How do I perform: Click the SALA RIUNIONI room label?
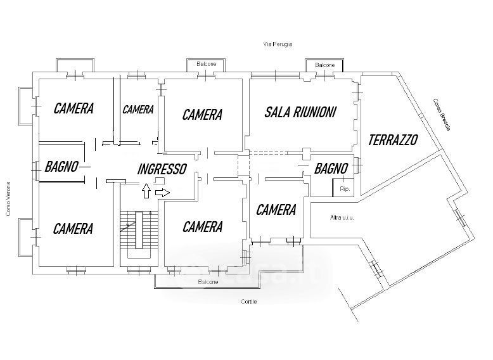pyautogui.click(x=300, y=113)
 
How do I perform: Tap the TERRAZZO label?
pyautogui.click(x=393, y=139)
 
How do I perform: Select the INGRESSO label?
pyautogui.click(x=162, y=169)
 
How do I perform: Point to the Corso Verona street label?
pyautogui.click(x=9, y=197)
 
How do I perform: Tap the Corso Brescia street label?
pyautogui.click(x=442, y=115)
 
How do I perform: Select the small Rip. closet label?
pyautogui.click(x=345, y=189)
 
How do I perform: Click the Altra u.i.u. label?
pyautogui.click(x=342, y=218)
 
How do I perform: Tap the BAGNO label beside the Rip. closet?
pyautogui.click(x=331, y=169)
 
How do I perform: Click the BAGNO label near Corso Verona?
pyautogui.click(x=61, y=167)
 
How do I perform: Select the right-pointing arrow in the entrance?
pyautogui.click(x=162, y=191)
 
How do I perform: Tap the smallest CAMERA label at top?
pyautogui.click(x=138, y=110)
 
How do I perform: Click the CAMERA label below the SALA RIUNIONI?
pyautogui.click(x=276, y=210)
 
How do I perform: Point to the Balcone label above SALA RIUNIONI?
pyautogui.click(x=325, y=65)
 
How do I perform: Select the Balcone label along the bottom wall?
pyautogui.click(x=207, y=281)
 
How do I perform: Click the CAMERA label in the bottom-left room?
pyautogui.click(x=74, y=228)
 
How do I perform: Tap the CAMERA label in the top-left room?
pyautogui.click(x=74, y=108)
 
